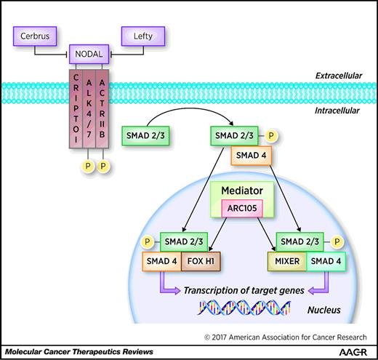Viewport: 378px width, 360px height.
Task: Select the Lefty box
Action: [x=144, y=34]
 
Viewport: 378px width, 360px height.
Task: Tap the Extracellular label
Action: [x=329, y=76]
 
